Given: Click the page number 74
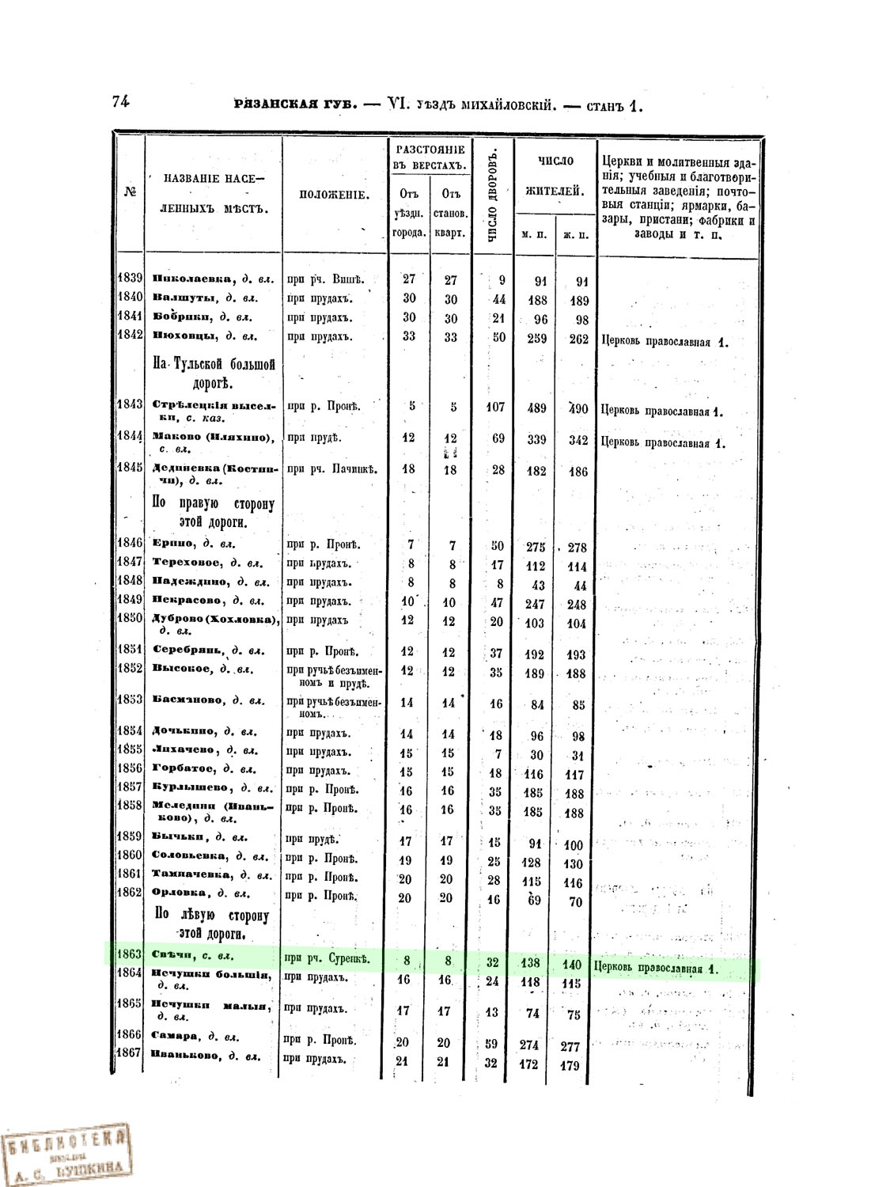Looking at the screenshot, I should point(121,101).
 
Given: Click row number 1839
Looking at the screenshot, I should point(129,278).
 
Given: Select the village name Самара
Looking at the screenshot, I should point(173,1037).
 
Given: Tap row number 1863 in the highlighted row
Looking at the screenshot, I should point(129,954).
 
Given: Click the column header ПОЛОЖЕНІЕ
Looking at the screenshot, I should point(334,195).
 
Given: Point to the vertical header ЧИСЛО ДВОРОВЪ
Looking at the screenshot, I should point(492,195).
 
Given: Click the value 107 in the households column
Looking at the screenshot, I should point(494,408).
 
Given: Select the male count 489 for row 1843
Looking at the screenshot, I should point(536,408).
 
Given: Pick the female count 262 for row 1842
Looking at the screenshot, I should point(578,339).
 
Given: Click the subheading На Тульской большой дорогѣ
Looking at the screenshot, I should point(214,374).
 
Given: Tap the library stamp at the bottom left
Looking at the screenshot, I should point(65,1151).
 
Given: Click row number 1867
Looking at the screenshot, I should point(129,1053).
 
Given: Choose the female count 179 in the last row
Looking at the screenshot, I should point(570,1065).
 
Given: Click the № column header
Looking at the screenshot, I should point(129,192).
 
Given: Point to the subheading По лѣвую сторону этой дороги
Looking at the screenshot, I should point(212,924).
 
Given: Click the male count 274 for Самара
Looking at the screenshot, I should point(528,1045).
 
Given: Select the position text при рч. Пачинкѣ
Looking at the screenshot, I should point(332,469).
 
